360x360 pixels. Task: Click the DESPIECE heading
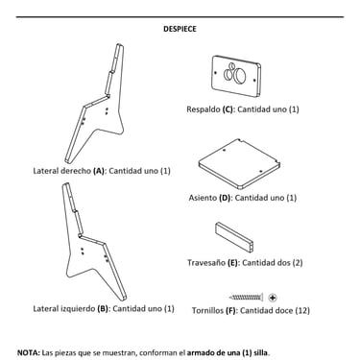[x=180, y=29]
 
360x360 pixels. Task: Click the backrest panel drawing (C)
[x=236, y=76]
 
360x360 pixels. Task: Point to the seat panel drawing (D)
[x=239, y=164]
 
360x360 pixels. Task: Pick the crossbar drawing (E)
[x=235, y=238]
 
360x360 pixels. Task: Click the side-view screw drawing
[x=246, y=298]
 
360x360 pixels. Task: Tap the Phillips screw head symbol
[x=273, y=298]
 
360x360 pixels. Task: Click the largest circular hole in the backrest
[x=239, y=76]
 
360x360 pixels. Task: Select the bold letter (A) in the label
[x=99, y=171]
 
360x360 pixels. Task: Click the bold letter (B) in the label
[x=103, y=309]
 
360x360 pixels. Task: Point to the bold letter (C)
[x=228, y=109]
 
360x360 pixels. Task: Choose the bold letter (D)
[x=225, y=198]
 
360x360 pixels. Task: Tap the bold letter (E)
[x=232, y=263]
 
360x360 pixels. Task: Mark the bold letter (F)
[x=230, y=310]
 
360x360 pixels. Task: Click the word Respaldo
[x=204, y=109]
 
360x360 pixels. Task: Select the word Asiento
[x=203, y=198]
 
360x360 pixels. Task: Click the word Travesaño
[x=206, y=263]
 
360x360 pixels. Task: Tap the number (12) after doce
[x=302, y=310]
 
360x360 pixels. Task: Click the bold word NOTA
[x=29, y=353]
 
